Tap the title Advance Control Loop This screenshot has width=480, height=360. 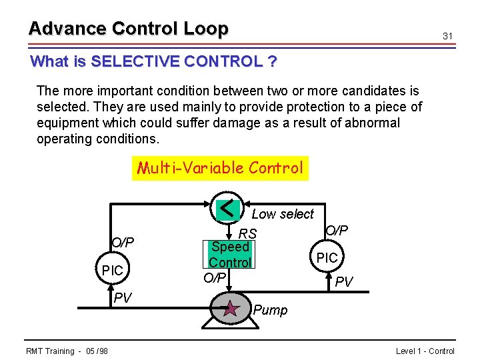(128, 29)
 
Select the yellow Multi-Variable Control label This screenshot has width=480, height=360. (220, 167)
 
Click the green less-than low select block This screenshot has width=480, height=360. (229, 209)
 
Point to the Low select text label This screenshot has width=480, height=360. (282, 214)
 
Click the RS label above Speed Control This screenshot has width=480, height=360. (248, 234)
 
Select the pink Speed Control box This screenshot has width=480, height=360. (230, 255)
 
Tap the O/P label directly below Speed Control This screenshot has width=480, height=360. (214, 277)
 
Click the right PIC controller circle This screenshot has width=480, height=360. (327, 257)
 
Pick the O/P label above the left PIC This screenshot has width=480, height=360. (122, 242)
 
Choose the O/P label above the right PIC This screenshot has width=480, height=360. (336, 230)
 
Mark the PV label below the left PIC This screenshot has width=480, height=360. (122, 297)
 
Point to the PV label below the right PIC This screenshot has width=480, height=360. (344, 283)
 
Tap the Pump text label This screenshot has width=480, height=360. (270, 311)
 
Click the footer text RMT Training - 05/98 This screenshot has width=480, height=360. (67, 351)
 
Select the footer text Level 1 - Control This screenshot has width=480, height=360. (425, 351)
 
